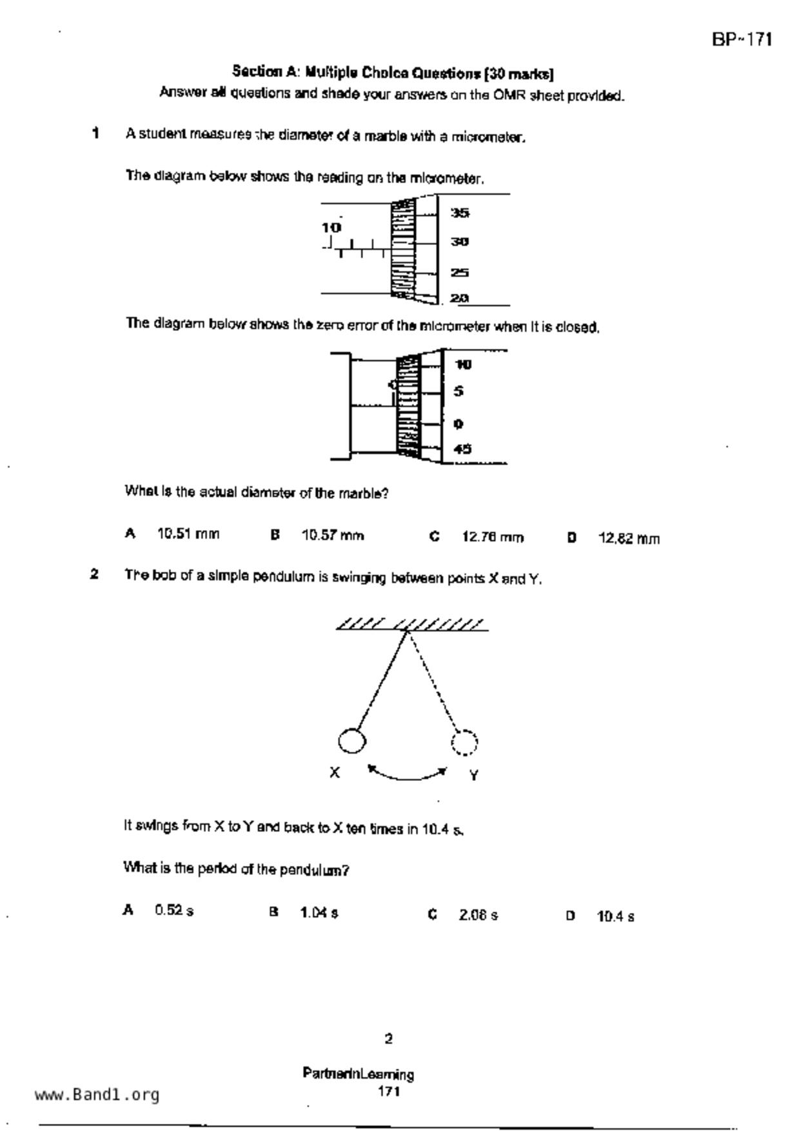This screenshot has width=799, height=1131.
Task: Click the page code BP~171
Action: [x=742, y=40]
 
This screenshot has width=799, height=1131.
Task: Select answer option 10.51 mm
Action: [x=188, y=535]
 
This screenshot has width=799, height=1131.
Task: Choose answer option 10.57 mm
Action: [x=332, y=536]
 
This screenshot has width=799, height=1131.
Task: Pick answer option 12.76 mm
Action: [x=492, y=537]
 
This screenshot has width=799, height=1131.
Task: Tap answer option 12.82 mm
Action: [x=629, y=538]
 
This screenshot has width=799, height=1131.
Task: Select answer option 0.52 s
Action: [x=173, y=910]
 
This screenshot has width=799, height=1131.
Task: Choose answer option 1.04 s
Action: [x=319, y=913]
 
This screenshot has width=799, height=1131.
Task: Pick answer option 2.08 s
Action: [x=478, y=915]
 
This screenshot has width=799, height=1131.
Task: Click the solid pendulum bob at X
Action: [x=351, y=741]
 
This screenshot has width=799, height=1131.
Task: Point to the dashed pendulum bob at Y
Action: [x=464, y=742]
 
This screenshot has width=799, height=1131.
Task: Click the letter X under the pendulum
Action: [x=334, y=772]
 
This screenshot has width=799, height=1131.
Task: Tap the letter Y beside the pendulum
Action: [x=474, y=775]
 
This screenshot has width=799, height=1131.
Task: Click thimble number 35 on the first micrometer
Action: [x=459, y=213]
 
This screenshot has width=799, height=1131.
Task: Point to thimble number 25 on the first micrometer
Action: [x=459, y=273]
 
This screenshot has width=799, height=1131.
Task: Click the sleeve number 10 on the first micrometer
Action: [x=331, y=228]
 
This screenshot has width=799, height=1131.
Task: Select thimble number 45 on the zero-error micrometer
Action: [x=462, y=449]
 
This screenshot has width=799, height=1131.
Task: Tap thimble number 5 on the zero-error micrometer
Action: [x=459, y=391]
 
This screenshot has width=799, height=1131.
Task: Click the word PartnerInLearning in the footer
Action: [x=358, y=1074]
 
